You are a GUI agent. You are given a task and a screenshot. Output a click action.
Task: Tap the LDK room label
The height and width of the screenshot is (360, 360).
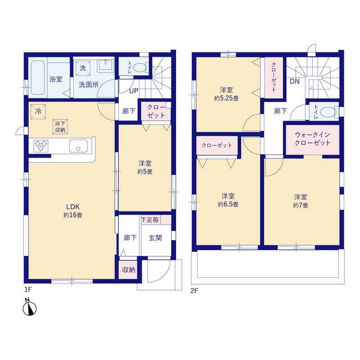[x=73, y=206]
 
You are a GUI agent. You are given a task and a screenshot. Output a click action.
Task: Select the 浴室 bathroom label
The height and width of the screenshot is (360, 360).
[x=56, y=79]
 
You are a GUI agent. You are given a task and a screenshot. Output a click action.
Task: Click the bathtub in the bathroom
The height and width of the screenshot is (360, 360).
[x=38, y=78]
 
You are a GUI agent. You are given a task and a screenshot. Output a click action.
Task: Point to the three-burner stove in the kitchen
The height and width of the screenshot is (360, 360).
[x=41, y=146]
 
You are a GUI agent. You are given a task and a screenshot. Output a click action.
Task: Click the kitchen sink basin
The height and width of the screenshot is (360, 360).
[x=78, y=146]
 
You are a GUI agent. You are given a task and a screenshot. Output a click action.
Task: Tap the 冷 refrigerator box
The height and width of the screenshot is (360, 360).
[x=38, y=112]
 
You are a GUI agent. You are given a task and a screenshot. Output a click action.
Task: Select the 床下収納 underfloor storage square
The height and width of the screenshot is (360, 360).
[x=60, y=127]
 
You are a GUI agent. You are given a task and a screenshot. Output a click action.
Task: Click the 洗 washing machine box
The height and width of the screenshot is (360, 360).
[x=83, y=68]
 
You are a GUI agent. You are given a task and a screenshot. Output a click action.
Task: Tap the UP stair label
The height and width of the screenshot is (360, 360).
[x=134, y=91]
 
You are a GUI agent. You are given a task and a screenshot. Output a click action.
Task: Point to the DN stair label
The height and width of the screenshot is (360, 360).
[x=295, y=81]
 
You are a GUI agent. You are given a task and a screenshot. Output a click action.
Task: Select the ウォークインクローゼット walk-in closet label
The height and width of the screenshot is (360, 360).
[x=313, y=139]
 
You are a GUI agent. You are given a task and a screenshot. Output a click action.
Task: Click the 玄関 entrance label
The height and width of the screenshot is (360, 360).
[x=155, y=238]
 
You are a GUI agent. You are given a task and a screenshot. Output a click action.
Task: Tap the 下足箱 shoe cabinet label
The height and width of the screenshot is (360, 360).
[x=150, y=220]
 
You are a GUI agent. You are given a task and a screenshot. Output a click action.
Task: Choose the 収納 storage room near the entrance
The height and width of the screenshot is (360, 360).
[x=128, y=269]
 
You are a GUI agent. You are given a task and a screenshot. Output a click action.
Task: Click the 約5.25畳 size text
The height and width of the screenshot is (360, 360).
[x=226, y=98]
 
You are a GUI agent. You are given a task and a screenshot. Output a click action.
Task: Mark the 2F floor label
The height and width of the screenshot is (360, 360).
[x=194, y=291]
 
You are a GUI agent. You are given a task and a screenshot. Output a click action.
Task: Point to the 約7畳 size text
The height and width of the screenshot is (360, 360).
[x=300, y=205]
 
